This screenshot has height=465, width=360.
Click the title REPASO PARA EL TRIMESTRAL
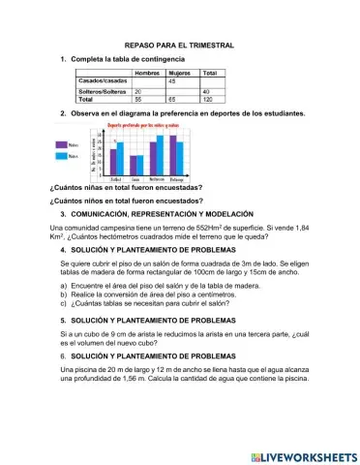pos(179,46)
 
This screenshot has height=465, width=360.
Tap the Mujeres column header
pos(180,73)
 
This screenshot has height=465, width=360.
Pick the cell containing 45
pos(173,79)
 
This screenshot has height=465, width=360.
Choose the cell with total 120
pos(208,99)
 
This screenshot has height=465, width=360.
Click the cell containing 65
pos(173,99)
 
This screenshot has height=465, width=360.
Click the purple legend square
pos(62,144)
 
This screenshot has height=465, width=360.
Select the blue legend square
pos(62,155)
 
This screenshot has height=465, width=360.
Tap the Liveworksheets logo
pos(303,455)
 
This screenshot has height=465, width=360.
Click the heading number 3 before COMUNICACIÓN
pos(62,212)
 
